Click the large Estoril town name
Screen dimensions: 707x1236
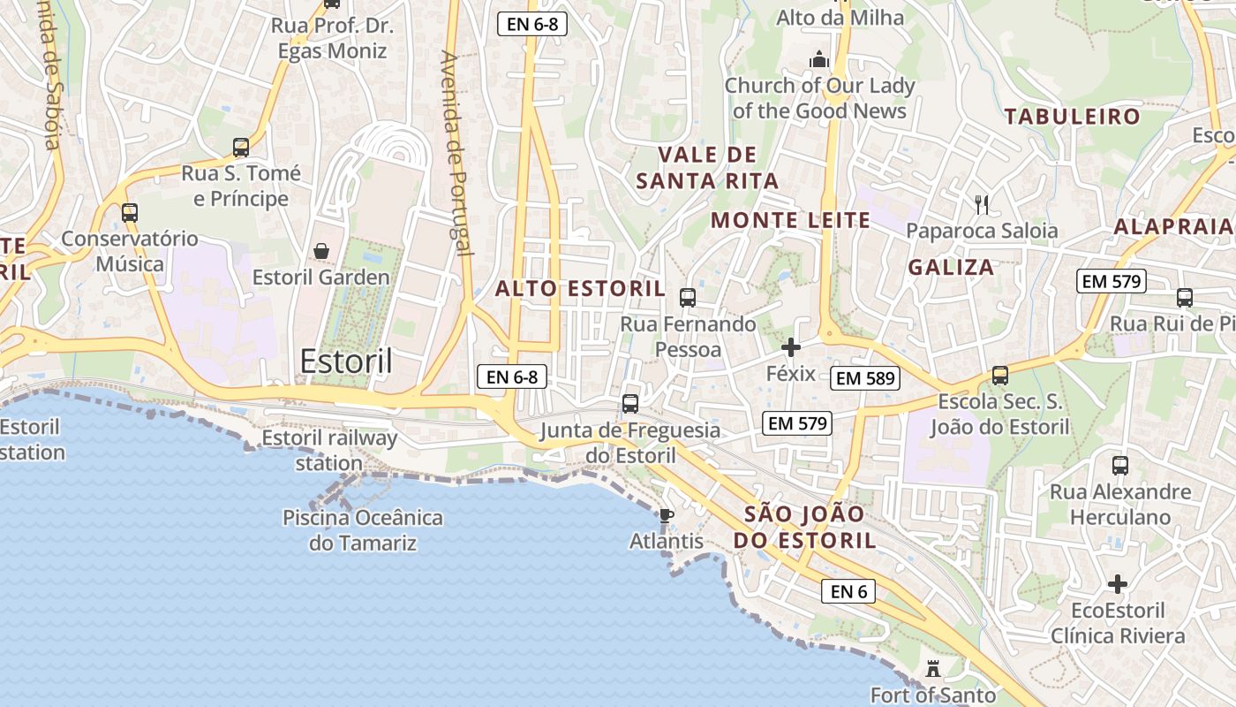tap(346, 361)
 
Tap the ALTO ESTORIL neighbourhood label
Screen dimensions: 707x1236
tap(580, 288)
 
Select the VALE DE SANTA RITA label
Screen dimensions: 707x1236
tap(707, 168)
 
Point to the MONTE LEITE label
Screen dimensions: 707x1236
tap(790, 220)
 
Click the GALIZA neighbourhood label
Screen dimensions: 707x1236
tap(951, 267)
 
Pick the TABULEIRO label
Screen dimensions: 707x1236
tap(1072, 116)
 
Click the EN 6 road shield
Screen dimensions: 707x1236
tap(848, 591)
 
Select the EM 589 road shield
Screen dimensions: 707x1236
tap(864, 378)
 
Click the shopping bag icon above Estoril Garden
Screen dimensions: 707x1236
tap(321, 251)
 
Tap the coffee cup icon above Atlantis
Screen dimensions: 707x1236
tap(667, 515)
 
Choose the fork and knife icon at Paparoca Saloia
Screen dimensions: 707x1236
tap(982, 205)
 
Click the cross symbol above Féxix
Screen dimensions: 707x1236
tap(791, 347)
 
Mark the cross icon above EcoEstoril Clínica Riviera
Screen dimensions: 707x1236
tap(1118, 584)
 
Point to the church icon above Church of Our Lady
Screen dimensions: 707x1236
tap(819, 60)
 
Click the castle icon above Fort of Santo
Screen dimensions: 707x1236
tap(933, 669)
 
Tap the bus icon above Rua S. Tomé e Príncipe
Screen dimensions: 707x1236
tap(241, 148)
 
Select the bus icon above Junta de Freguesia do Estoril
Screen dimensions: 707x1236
tap(630, 404)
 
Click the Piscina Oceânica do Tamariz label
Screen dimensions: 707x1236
tap(363, 529)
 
